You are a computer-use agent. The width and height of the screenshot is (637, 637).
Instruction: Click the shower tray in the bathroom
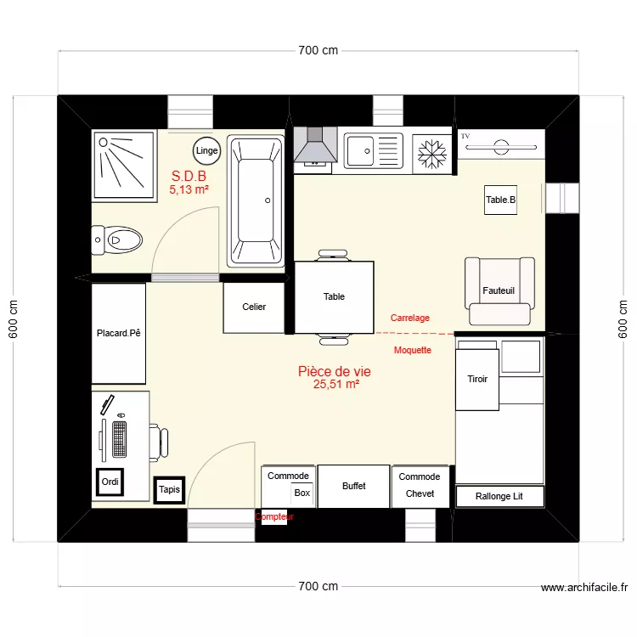[x=124, y=164]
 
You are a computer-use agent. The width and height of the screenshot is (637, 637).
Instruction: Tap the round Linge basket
[x=206, y=151]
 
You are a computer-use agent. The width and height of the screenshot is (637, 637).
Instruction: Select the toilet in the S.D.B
[x=117, y=240]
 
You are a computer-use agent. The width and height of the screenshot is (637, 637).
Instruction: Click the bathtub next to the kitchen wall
[x=257, y=201]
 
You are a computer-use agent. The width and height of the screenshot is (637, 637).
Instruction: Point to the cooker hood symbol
[x=316, y=146]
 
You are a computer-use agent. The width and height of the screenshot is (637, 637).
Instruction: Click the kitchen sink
[x=371, y=151]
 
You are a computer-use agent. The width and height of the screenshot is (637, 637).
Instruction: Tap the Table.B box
[x=500, y=200]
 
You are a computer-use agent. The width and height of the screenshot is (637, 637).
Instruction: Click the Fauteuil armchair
[x=499, y=290]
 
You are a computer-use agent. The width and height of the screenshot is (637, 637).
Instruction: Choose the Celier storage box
[x=254, y=307]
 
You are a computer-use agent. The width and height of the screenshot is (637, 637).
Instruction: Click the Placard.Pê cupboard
[x=118, y=333]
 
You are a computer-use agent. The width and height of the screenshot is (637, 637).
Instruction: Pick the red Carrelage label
[x=409, y=318]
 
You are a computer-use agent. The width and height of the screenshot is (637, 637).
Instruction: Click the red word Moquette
[x=413, y=350]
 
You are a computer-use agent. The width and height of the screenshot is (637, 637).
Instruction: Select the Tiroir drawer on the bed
[x=477, y=379]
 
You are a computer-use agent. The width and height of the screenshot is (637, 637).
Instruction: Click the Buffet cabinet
[x=354, y=486]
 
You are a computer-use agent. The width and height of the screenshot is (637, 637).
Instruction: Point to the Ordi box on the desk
[x=110, y=482]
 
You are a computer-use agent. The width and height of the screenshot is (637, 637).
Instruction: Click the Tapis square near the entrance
[x=169, y=489]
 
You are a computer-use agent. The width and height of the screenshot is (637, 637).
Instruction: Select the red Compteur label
[x=273, y=516]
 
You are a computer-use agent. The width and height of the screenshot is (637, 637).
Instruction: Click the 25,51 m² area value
[x=335, y=385]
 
